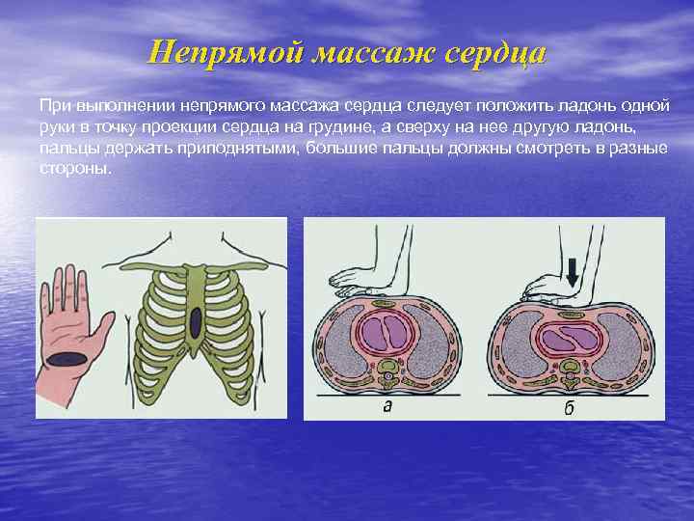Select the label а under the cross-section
point(387,406)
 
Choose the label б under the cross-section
point(570,407)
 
